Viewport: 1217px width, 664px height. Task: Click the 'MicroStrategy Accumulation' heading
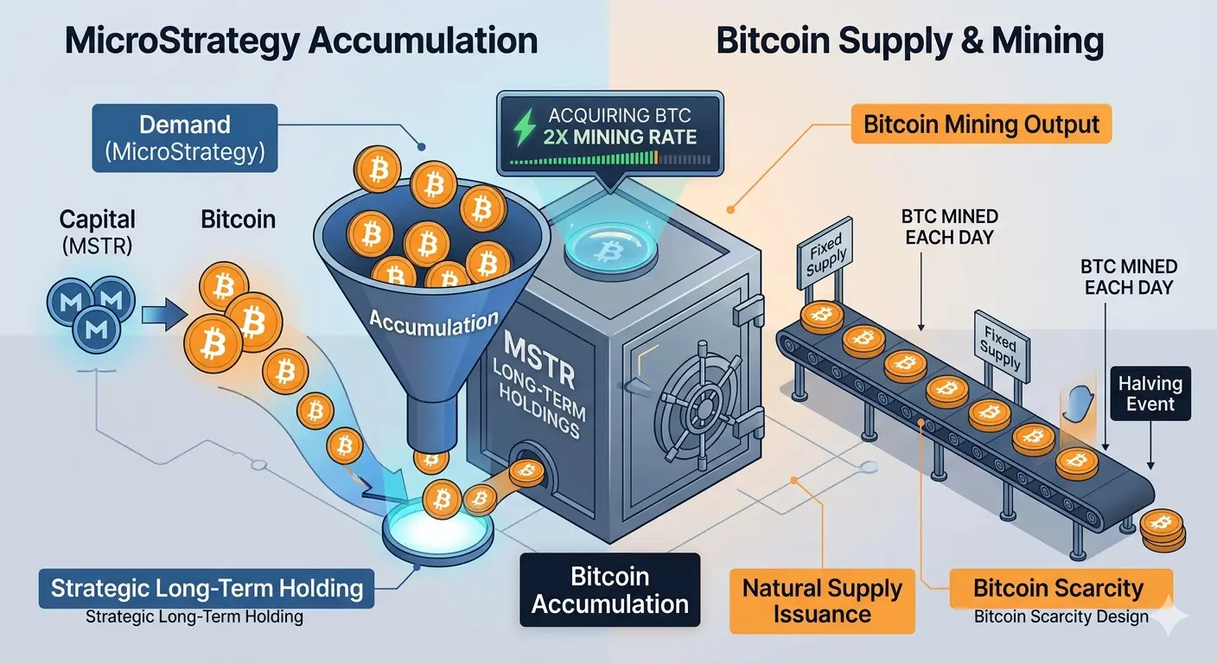(301, 42)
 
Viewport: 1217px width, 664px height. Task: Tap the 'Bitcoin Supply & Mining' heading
(910, 42)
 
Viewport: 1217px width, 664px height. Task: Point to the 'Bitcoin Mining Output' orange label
(980, 124)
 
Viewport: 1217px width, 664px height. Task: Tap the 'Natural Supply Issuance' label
(821, 601)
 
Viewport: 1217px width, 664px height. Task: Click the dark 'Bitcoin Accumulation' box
(609, 591)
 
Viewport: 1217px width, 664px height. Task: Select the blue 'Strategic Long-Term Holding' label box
(207, 589)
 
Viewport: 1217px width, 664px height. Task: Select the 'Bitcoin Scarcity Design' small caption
(1061, 617)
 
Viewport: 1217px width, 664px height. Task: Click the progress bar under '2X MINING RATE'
(610, 159)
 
